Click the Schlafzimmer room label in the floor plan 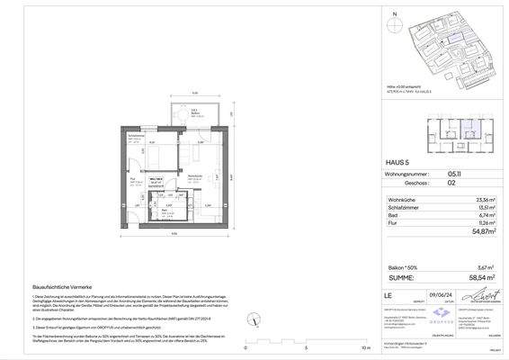pos(136,138)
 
